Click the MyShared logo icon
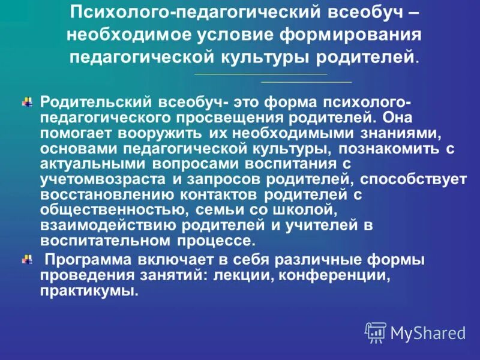coord(376,332)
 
